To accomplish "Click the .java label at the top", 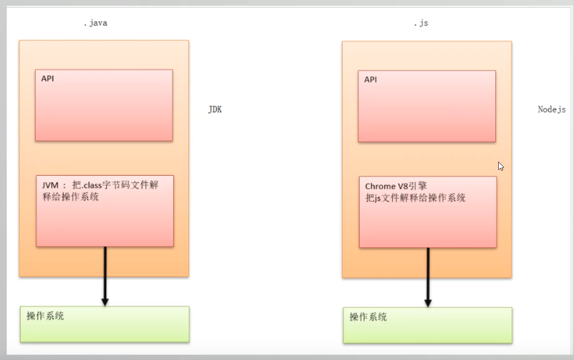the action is coord(95,23).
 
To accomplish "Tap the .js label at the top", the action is coord(420,23).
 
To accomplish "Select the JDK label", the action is coord(215,110).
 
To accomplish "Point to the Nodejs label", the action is coord(552,110).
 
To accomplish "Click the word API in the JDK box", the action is coord(47,79).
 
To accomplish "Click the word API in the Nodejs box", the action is coord(370,80).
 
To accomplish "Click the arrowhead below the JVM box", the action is coord(105,302).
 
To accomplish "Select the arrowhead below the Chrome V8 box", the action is coord(428,303).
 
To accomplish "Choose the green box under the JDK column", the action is coord(105,324).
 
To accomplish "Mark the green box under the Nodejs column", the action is coord(427,325).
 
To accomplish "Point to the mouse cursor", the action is coord(501,166).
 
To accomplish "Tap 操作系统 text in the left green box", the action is coord(45,316).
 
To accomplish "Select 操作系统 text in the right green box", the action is coord(368,317).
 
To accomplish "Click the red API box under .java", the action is coord(104,105).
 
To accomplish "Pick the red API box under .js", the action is coord(427,106).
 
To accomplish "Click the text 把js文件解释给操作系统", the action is coord(416,197).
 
